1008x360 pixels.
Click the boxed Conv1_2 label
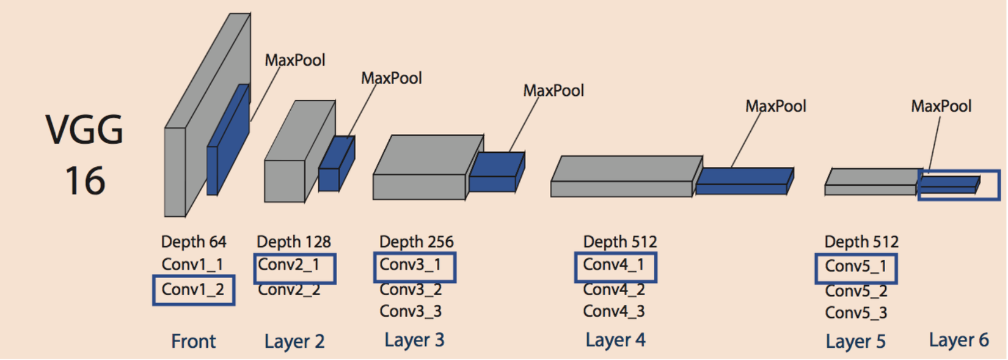click(x=193, y=290)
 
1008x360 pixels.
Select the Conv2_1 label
click(x=288, y=265)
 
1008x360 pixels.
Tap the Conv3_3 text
click(x=411, y=312)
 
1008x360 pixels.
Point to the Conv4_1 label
click(x=613, y=265)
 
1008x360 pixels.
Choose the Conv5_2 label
click(x=856, y=291)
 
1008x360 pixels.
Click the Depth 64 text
click(x=194, y=242)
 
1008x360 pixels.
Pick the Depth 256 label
click(x=416, y=242)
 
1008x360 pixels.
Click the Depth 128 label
click(x=293, y=242)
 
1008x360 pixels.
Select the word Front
click(x=193, y=341)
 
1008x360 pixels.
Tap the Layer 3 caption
click(x=414, y=340)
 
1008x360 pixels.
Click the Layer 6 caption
click(x=959, y=340)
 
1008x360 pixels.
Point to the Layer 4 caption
click(x=615, y=340)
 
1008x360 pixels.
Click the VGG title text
click(x=84, y=130)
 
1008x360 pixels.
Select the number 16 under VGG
click(x=85, y=181)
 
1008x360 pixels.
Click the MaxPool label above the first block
click(x=294, y=61)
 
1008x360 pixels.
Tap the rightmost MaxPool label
click(x=941, y=106)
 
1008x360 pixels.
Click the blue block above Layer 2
click(x=336, y=165)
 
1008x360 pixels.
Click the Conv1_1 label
click(x=192, y=265)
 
